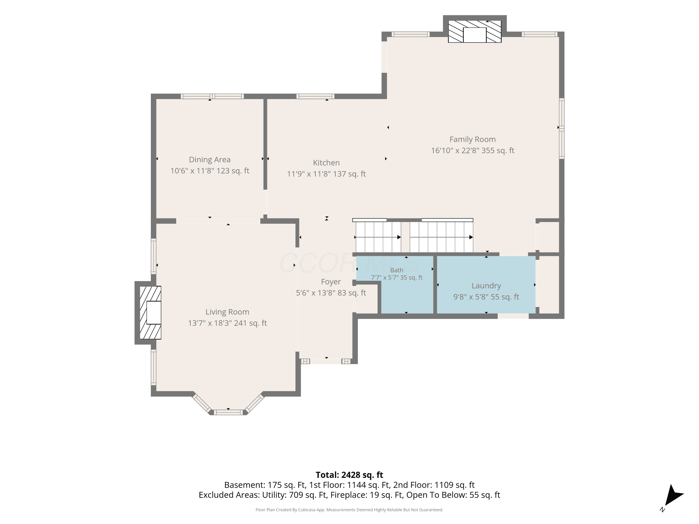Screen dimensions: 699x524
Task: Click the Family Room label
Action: (473, 139)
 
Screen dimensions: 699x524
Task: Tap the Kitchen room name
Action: (326, 163)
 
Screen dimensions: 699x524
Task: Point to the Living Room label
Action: (227, 312)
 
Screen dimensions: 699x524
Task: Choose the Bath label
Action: (397, 270)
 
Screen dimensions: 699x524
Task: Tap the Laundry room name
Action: (486, 286)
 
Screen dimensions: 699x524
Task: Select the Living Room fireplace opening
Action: (154, 312)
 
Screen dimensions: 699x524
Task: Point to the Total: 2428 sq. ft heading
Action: (349, 475)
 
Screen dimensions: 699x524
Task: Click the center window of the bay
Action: (228, 412)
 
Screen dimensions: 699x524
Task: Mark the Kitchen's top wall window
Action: (315, 96)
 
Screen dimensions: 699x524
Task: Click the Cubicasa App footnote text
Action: (349, 510)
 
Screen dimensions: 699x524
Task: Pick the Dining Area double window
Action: (212, 96)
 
